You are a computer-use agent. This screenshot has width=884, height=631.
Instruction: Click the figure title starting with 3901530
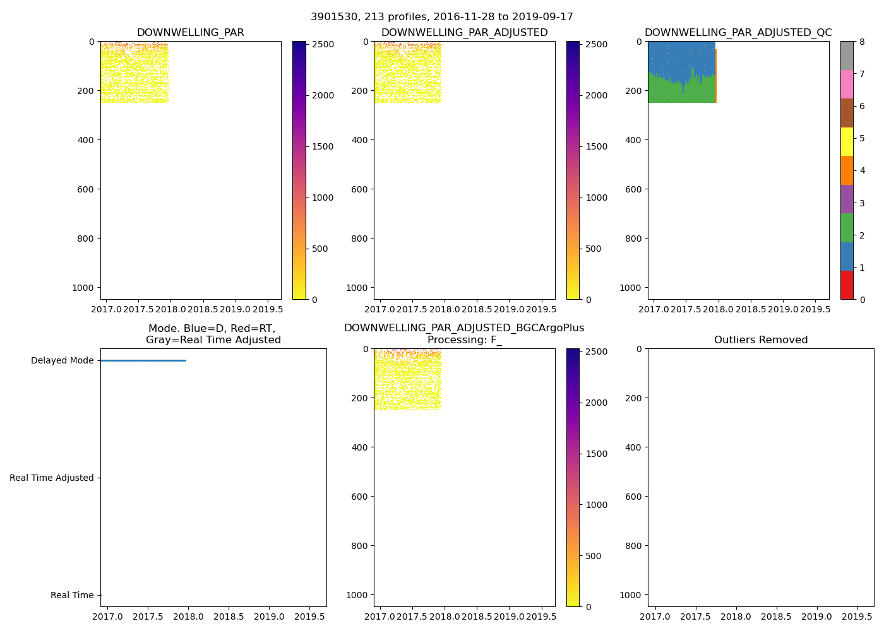442,17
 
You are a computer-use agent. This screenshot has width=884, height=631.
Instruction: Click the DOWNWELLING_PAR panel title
190,33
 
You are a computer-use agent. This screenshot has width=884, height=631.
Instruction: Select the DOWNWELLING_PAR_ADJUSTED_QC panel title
738,33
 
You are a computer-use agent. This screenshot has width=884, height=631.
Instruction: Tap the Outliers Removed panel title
761,340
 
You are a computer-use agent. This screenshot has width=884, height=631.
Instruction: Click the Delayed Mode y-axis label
62,361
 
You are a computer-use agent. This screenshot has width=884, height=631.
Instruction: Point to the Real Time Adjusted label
52,478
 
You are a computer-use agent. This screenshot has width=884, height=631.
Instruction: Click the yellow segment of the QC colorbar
847,141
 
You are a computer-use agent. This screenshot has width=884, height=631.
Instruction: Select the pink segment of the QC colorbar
847,84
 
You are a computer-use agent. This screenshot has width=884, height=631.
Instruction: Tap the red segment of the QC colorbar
847,285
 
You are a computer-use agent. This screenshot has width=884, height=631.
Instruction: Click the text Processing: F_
464,340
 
